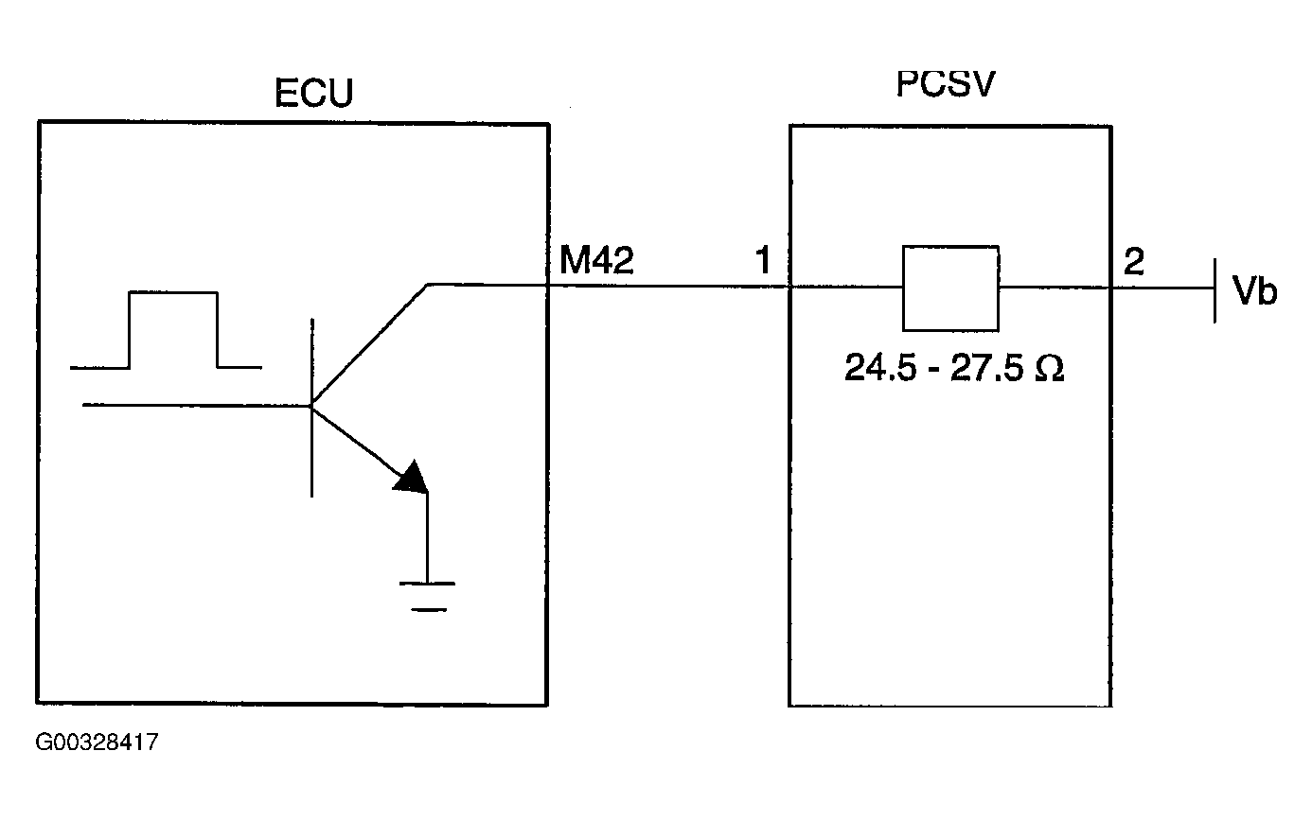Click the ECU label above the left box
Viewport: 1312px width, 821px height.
(312, 96)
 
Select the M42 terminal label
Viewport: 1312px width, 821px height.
(596, 261)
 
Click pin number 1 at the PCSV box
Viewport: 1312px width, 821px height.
(763, 262)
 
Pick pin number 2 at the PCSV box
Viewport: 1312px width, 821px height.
(1132, 262)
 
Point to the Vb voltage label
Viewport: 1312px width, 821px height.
(1254, 292)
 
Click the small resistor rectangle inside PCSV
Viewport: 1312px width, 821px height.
(951, 288)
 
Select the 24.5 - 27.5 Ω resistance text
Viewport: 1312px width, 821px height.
(954, 368)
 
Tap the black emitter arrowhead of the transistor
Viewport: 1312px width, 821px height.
(412, 478)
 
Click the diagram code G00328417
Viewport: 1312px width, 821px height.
(97, 742)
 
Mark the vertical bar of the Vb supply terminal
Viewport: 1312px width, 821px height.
(1214, 288)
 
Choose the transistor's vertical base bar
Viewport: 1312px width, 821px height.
(310, 407)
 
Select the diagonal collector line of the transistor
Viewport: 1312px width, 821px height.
(369, 344)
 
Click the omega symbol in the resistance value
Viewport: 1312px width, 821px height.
(1049, 368)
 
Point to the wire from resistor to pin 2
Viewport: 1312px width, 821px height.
(1055, 288)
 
